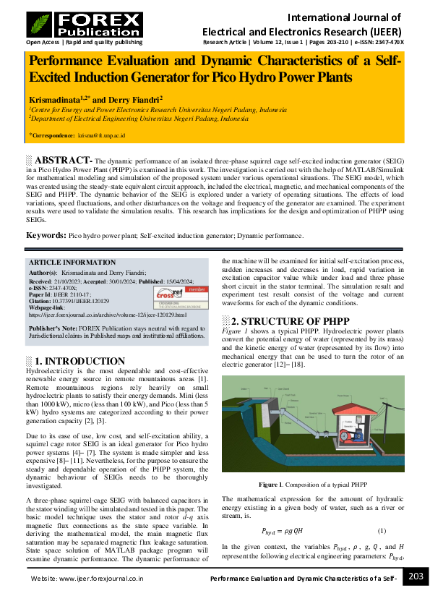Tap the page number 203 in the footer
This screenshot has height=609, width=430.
[416, 576]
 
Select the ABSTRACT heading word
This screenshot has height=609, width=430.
[63, 160]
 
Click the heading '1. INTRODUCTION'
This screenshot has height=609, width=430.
[79, 361]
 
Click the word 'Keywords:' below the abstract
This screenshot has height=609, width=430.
[46, 236]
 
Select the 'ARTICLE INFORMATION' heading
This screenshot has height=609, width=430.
[72, 263]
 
